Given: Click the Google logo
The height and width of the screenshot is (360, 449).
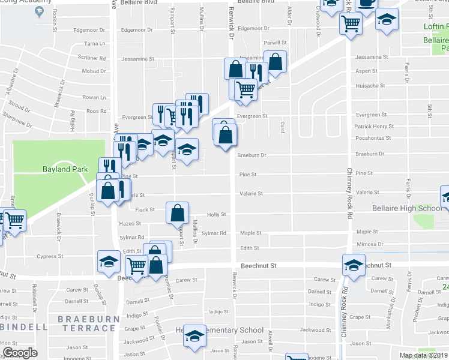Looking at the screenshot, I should point(20,353).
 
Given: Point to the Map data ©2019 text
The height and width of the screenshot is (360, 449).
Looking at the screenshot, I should point(423,355).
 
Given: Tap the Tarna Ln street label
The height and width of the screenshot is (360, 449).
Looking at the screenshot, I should point(94,44).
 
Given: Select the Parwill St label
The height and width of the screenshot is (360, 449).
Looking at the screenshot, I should point(275,43).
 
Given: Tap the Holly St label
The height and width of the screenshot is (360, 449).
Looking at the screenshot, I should point(216,214).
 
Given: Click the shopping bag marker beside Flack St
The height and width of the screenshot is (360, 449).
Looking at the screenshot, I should point(178,212).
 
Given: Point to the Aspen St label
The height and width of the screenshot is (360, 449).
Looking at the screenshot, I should point(364,71).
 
